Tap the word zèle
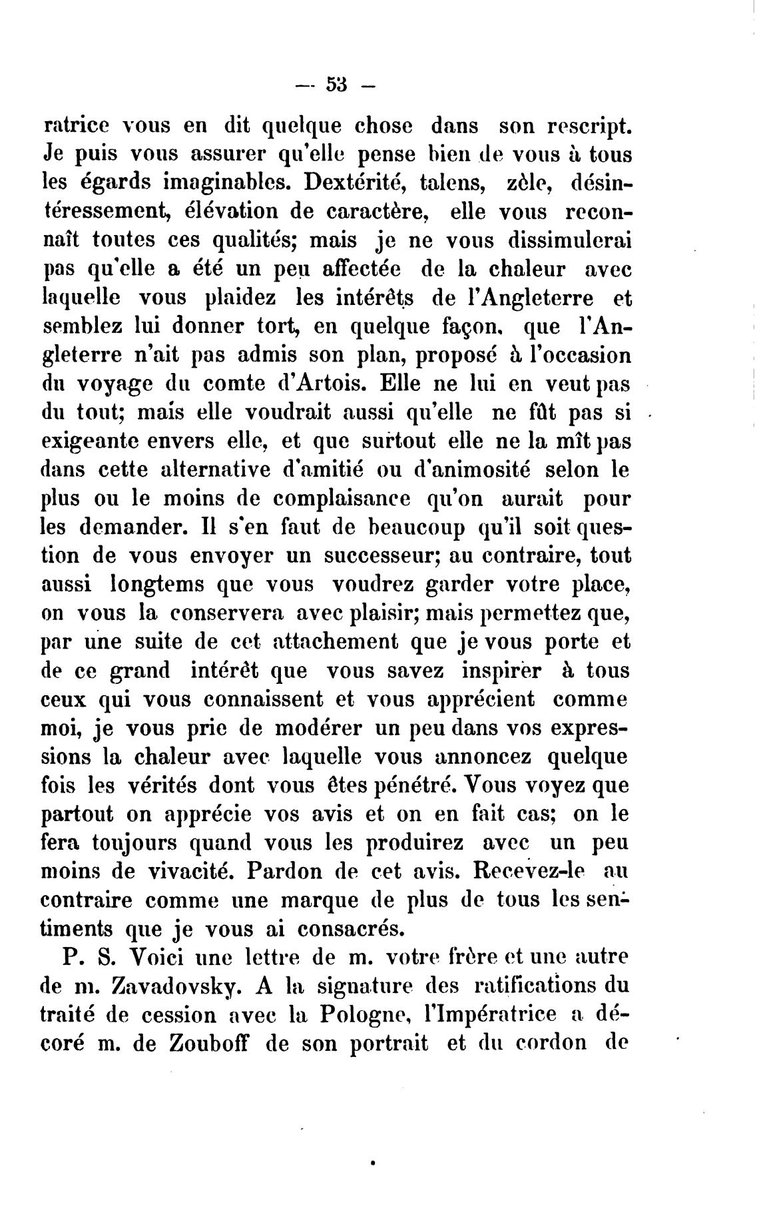tap(521, 183)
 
